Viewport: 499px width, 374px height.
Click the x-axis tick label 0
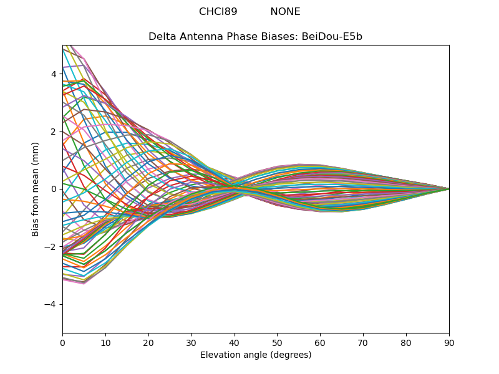coord(63,343)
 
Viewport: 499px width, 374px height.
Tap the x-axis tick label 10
coord(105,343)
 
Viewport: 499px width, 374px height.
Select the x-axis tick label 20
coord(148,343)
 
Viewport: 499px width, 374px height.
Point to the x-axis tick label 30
coord(191,343)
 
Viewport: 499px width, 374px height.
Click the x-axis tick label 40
coord(235,343)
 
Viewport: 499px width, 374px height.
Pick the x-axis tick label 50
coord(277,343)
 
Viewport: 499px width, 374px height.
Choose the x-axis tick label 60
coord(320,343)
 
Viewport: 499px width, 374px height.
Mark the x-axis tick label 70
coord(363,343)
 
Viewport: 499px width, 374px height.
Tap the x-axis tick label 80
coord(406,343)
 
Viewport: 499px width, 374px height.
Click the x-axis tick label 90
coord(449,343)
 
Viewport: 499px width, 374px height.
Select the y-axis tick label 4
coord(54,74)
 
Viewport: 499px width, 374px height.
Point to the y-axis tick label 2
coord(54,132)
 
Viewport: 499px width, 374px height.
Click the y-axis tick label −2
coord(50,247)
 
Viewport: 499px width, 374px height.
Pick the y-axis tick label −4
coord(50,304)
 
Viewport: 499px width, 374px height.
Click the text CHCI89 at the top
coord(218,12)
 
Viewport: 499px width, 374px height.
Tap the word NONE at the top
coord(285,12)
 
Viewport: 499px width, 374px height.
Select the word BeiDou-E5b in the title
coord(332,37)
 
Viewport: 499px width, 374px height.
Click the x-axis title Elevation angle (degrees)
coord(256,355)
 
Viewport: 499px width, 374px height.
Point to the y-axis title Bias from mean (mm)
coord(35,189)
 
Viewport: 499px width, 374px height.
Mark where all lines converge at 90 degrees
coord(449,189)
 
